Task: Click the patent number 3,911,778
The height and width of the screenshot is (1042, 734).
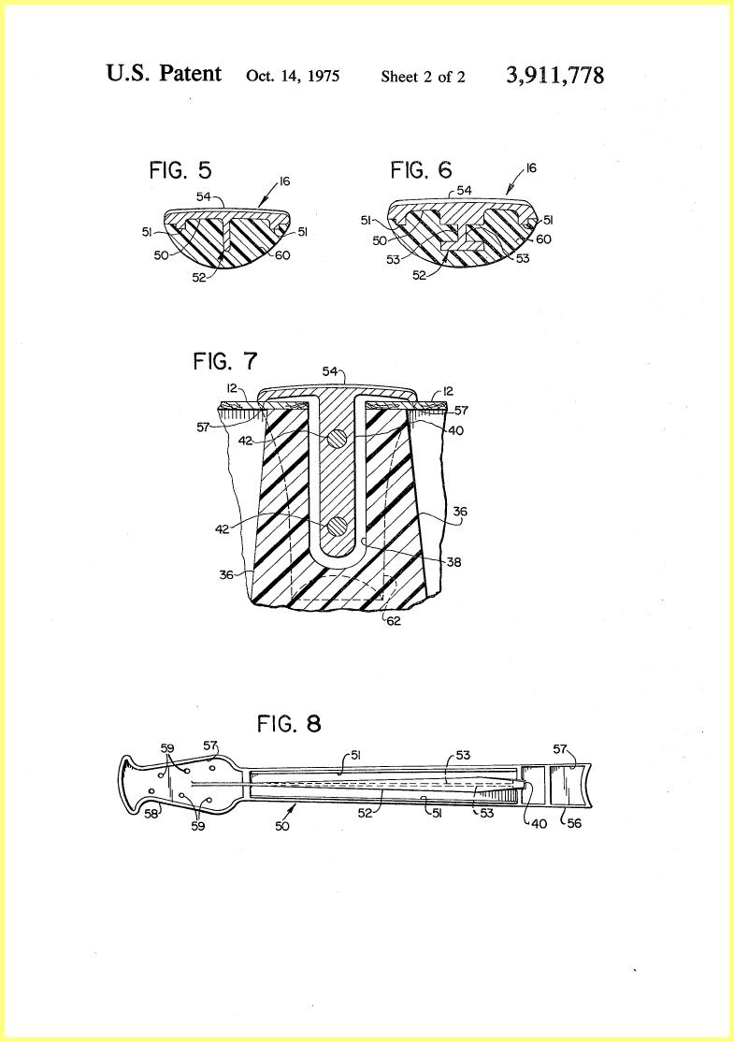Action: point(555,75)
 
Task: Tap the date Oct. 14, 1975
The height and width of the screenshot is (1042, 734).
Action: point(293,76)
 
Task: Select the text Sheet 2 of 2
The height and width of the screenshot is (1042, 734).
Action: point(424,77)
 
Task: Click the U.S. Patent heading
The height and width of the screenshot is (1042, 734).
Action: point(164,72)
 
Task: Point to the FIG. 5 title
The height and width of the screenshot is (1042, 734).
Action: point(180,170)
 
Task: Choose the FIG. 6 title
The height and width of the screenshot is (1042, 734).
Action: point(421,170)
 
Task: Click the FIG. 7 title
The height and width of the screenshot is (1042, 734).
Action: point(225,361)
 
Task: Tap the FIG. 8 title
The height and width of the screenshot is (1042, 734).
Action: point(289,723)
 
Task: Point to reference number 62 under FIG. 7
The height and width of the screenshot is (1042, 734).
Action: point(394,622)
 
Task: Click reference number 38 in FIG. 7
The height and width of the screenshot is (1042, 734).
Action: point(453,562)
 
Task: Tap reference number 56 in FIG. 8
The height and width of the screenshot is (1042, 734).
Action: point(574,823)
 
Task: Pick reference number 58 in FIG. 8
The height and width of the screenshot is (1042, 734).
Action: point(152,813)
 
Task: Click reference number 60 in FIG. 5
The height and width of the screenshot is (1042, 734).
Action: point(283,254)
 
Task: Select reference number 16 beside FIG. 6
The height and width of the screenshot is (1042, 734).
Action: point(531,168)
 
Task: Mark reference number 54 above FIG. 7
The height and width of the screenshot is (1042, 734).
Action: point(329,371)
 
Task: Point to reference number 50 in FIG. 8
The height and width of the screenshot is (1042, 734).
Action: point(282,826)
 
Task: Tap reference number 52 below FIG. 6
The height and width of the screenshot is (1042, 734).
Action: point(419,275)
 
